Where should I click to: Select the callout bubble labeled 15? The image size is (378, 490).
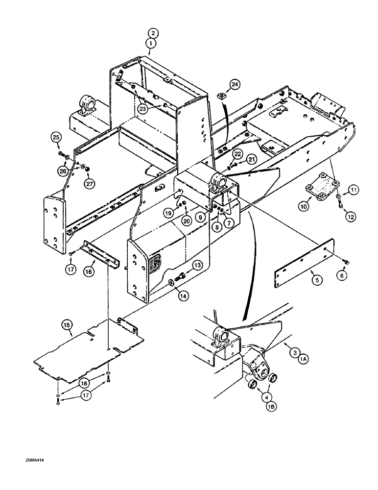(x=68, y=323)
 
